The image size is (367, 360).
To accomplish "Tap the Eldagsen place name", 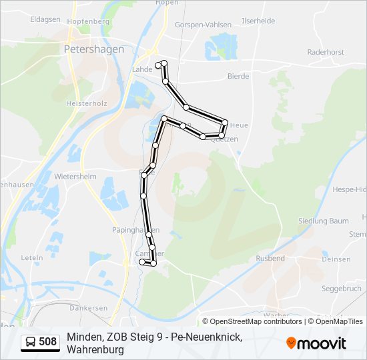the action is [45, 20].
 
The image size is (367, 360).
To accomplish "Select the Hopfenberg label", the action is [88, 22].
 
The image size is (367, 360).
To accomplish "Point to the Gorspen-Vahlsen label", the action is [203, 25].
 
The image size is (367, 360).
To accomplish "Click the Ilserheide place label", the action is [258, 21].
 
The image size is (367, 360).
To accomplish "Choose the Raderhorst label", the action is [325, 51].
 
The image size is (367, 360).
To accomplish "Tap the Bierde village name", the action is [238, 77].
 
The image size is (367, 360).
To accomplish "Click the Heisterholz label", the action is [87, 104].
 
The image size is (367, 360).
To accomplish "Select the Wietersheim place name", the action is [75, 177].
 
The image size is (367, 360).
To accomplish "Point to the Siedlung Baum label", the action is [324, 221].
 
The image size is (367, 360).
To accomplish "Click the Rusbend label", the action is [270, 258].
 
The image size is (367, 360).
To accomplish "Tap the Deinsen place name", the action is [336, 259].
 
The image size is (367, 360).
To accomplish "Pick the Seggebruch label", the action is [341, 289].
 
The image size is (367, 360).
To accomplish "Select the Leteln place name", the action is [32, 257].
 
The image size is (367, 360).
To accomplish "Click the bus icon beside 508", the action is [31, 343].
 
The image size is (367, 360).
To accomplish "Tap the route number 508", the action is [48, 343].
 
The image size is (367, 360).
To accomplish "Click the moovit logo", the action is [316, 343].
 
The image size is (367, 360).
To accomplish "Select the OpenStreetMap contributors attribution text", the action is [252, 321].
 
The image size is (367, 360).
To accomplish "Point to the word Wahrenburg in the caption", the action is [95, 349].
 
